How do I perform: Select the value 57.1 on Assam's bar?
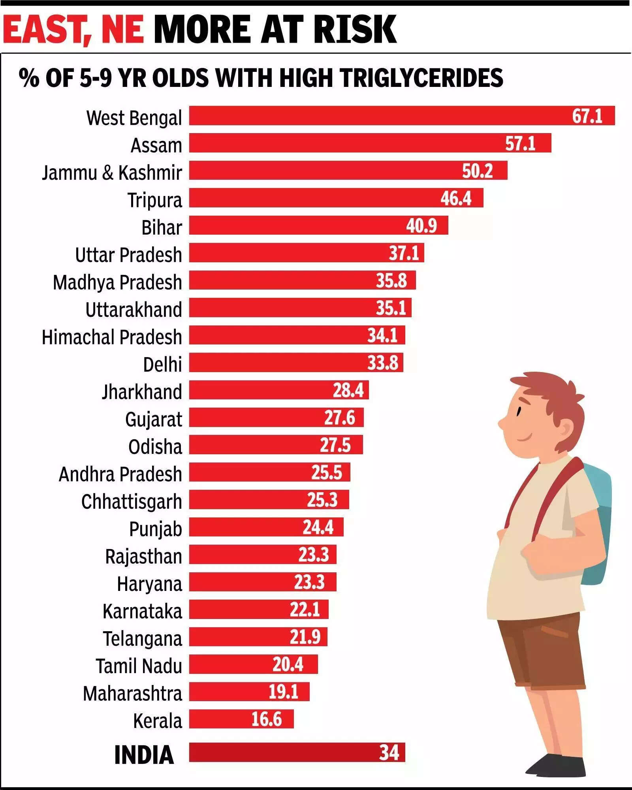point(520,143)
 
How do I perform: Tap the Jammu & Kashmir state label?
point(112,173)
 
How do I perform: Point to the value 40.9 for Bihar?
point(421,226)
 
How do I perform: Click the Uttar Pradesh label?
point(129,255)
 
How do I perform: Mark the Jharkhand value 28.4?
point(348,390)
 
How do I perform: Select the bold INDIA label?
point(144,755)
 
